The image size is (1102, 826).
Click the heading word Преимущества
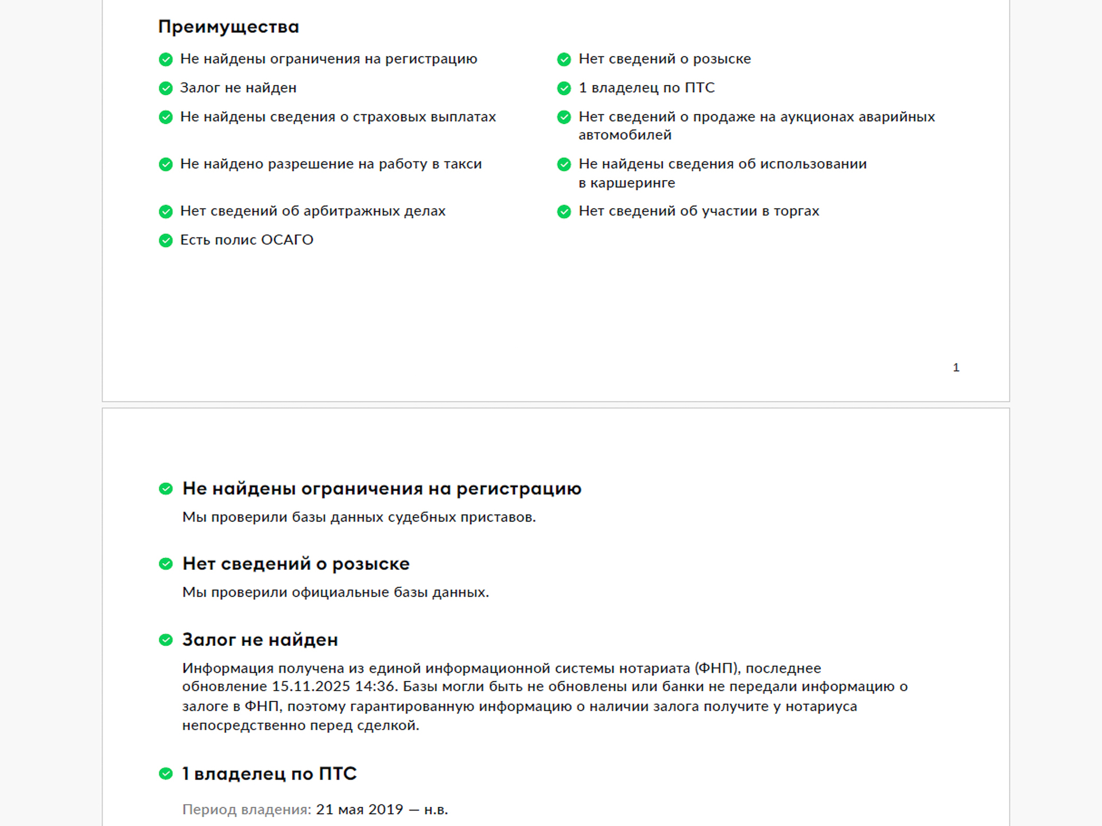point(228,27)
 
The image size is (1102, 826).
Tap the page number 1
point(956,368)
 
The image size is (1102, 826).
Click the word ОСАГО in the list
point(287,240)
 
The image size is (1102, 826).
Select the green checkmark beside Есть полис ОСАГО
point(166,240)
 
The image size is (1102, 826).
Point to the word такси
point(463,164)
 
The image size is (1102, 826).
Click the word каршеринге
point(633,183)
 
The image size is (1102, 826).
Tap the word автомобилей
point(624,135)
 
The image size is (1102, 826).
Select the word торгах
point(796,211)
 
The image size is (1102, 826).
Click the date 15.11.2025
point(311,687)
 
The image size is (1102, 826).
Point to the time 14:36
point(376,687)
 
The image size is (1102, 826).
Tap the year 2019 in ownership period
point(385,809)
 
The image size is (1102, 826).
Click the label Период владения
point(246,809)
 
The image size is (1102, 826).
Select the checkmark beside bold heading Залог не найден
point(166,640)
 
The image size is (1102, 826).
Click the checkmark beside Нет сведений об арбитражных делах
point(166,212)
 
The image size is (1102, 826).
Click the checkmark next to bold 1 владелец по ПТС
point(166,774)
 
